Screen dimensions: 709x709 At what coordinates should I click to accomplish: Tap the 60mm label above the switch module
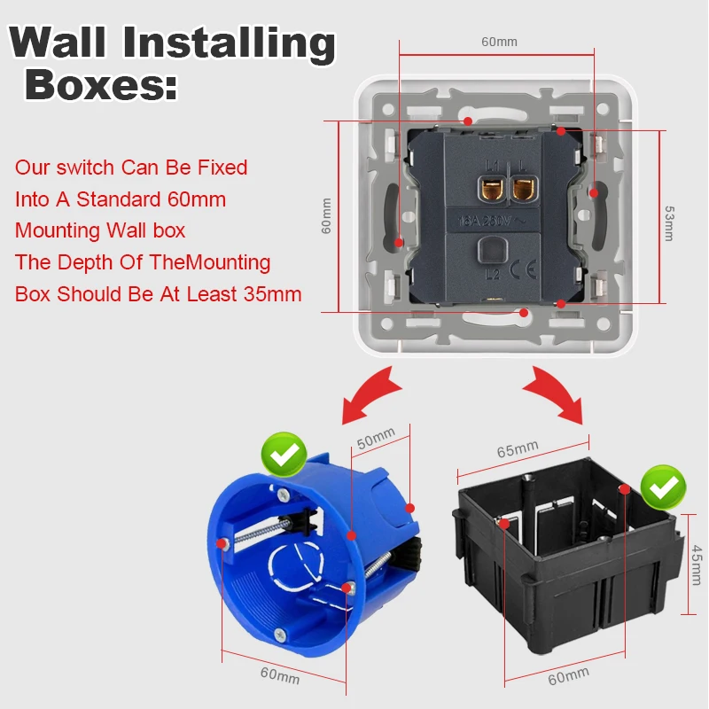[499, 41]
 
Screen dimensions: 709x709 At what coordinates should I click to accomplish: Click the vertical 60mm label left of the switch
[326, 215]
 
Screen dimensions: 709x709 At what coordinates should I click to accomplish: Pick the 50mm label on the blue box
[377, 437]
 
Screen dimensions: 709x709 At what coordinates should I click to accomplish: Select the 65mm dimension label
[518, 450]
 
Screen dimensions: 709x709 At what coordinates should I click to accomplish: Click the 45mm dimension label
[695, 565]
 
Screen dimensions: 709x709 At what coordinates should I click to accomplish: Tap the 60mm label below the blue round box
[280, 675]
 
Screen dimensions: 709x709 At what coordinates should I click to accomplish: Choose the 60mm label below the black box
[567, 675]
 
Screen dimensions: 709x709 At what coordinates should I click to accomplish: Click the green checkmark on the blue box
[284, 456]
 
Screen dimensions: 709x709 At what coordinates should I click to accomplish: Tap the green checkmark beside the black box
[664, 486]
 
